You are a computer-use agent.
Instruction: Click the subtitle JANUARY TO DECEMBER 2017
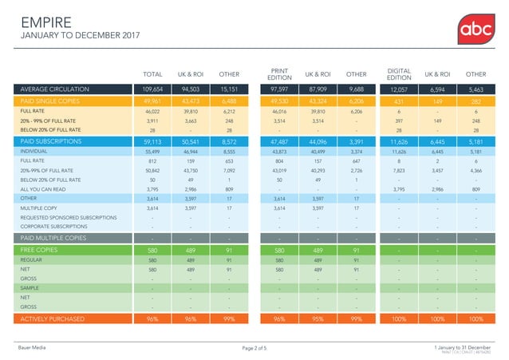point(73,37)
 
